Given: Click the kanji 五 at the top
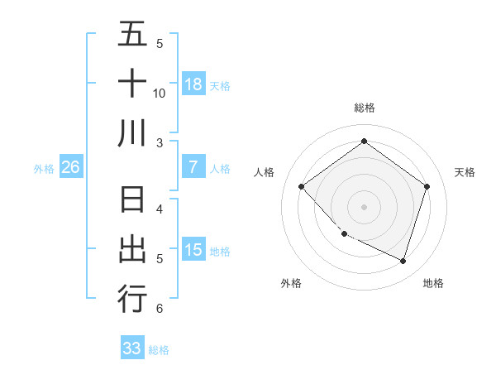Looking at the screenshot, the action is [x=132, y=35].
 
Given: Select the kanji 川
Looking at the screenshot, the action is [x=132, y=132].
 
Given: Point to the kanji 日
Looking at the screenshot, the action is [x=132, y=201].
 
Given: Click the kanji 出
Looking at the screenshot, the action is [x=132, y=249].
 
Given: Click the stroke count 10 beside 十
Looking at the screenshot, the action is [x=160, y=93].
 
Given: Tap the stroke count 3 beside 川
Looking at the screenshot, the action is [x=160, y=142].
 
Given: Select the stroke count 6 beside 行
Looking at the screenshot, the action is [x=160, y=309].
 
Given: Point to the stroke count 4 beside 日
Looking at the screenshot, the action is [x=160, y=209].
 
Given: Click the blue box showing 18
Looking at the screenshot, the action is [x=193, y=84].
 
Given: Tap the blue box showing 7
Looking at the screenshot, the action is [x=193, y=167].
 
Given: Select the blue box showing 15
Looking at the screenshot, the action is [x=193, y=250].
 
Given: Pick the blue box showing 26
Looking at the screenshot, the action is [x=70, y=167].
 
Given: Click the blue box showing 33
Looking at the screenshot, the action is [x=132, y=348].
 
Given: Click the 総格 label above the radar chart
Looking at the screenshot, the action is [x=364, y=108].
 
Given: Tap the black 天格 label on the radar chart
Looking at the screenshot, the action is [x=465, y=172].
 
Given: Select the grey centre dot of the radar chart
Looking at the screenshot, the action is [x=364, y=206].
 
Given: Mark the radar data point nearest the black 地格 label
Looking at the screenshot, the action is [x=403, y=261].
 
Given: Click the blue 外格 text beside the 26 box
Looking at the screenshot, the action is [x=44, y=169].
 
